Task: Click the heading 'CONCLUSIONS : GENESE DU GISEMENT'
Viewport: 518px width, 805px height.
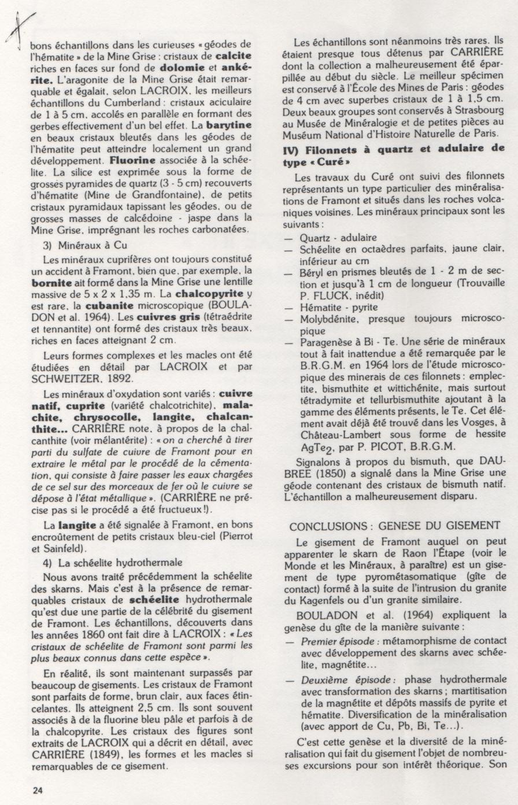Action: [x=395, y=526]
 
